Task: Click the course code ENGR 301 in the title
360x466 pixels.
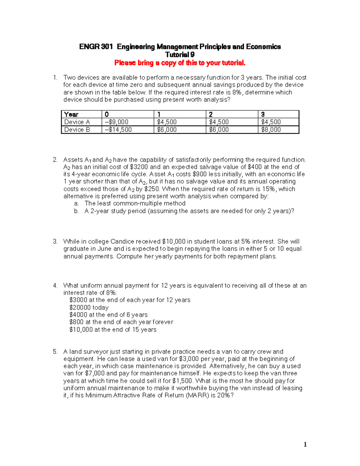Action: pyautogui.click(x=96, y=47)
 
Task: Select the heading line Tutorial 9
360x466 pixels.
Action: pyautogui.click(x=180, y=55)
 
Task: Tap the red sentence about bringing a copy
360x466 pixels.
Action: pyautogui.click(x=180, y=63)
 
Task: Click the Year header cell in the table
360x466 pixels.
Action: pyautogui.click(x=71, y=114)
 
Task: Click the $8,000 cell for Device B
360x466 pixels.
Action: pyautogui.click(x=271, y=130)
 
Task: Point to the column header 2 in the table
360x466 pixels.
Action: pyautogui.click(x=211, y=114)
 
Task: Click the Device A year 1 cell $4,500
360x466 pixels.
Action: pyautogui.click(x=167, y=122)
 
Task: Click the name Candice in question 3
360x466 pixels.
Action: pyautogui.click(x=122, y=242)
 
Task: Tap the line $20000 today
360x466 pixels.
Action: pyautogui.click(x=89, y=308)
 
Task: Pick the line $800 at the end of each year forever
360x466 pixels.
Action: pyautogui.click(x=121, y=322)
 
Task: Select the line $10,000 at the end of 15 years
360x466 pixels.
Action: pyautogui.click(x=113, y=329)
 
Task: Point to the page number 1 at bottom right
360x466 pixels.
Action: pyautogui.click(x=305, y=444)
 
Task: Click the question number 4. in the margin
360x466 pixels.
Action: pyautogui.click(x=55, y=286)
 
